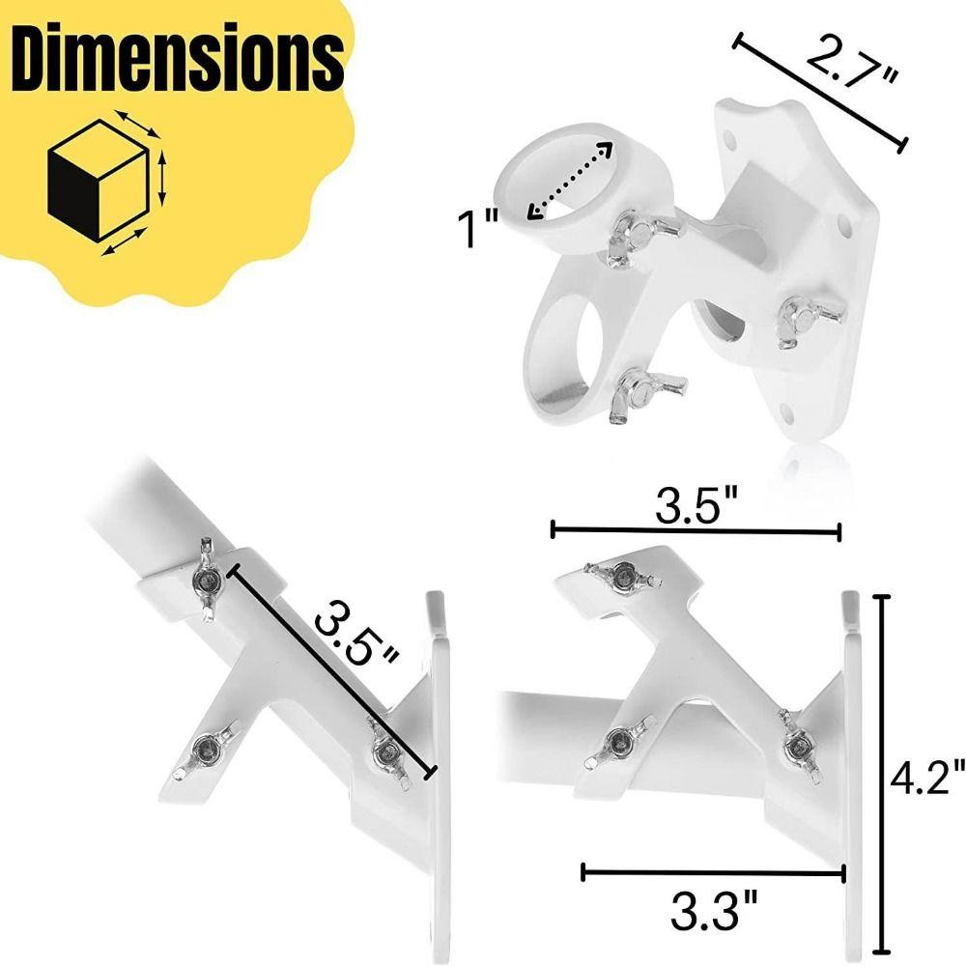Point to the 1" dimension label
(476, 230)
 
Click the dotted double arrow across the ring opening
(571, 182)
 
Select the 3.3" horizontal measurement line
(714, 872)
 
